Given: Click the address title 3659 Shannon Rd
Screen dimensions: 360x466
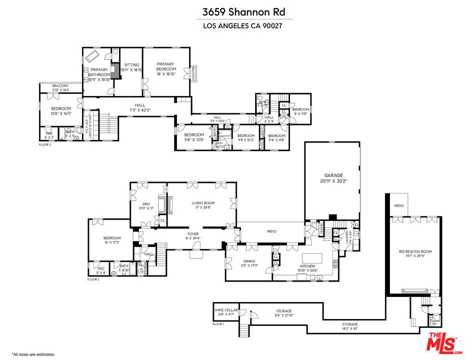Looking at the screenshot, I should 232,11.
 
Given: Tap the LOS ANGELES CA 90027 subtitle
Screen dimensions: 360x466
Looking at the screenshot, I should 232,26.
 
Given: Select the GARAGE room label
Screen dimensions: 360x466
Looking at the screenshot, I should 333,175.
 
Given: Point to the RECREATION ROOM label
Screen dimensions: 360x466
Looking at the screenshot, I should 415,251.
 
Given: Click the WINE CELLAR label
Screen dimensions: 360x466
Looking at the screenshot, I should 225,310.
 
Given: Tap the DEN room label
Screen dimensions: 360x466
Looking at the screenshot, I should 146,203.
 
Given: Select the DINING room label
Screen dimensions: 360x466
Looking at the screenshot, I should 249,261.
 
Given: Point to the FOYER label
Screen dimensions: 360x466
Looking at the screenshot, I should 193,233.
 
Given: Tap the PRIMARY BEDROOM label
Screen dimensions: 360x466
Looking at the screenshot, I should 165,66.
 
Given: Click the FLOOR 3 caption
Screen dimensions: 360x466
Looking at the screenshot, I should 45,144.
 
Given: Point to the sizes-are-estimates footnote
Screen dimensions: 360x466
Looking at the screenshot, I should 33,354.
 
